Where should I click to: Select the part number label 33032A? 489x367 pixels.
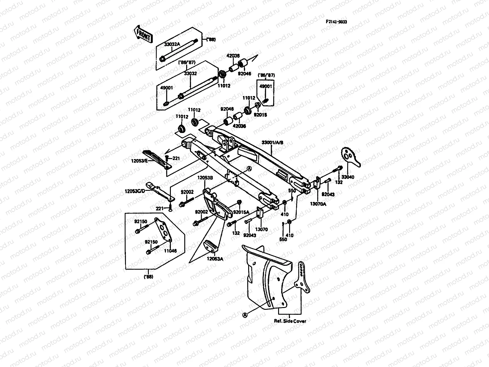[x=172, y=44]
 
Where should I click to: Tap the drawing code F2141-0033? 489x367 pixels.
[x=336, y=22]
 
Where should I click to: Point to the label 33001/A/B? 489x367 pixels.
[x=272, y=143]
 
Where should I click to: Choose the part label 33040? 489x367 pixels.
[x=347, y=177]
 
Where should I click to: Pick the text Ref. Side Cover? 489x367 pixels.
[x=290, y=321]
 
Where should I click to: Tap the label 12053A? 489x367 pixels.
[x=215, y=259]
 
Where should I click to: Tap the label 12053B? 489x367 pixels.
[x=205, y=178]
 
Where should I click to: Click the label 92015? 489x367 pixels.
[x=260, y=115]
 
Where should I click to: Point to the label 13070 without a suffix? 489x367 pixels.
[x=261, y=229]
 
